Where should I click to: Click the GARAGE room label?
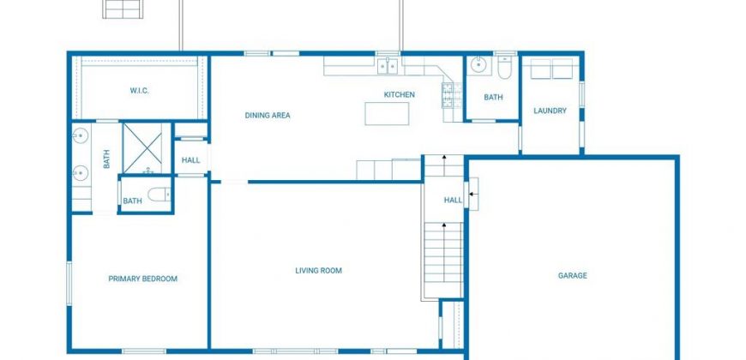click(x=572, y=275)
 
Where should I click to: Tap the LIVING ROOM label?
click(x=318, y=271)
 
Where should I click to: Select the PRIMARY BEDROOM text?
click(x=142, y=279)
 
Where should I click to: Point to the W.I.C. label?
click(x=140, y=90)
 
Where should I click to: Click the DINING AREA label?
click(x=268, y=115)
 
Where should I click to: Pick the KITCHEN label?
click(x=400, y=94)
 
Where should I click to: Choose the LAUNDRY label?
click(x=550, y=111)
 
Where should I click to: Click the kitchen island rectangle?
click(x=387, y=114)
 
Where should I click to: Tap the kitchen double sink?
click(x=388, y=66)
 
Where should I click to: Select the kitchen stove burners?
click(x=448, y=95)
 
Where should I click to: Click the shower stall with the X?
click(x=147, y=148)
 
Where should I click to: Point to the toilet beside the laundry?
click(x=504, y=68)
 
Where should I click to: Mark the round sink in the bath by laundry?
click(x=478, y=66)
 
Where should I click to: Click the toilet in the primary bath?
click(x=159, y=194)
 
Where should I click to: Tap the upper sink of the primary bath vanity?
click(x=81, y=136)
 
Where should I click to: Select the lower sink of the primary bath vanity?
click(x=81, y=172)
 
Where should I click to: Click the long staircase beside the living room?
click(x=443, y=260)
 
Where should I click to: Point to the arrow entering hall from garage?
click(x=473, y=194)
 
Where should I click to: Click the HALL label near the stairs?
click(x=453, y=201)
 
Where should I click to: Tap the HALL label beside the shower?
click(x=190, y=160)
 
